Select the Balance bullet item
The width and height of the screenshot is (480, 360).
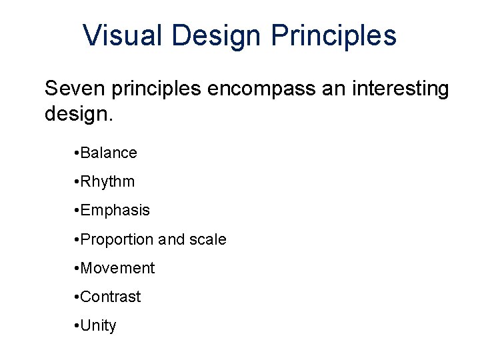110,153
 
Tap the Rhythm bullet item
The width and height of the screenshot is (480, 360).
109,181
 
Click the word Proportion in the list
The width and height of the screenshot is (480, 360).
119,239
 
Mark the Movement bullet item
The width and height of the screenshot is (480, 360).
119,268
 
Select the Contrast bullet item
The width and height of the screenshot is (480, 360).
112,297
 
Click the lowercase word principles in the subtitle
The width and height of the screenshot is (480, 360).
157,89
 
